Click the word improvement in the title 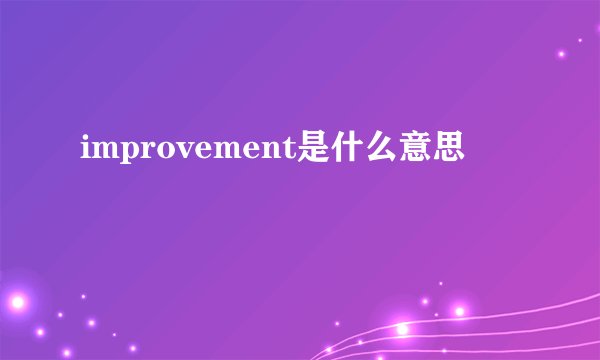coord(186,153)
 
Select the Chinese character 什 coord(346,151)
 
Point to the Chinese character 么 coord(380,151)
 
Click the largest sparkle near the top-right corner coord(561,54)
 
